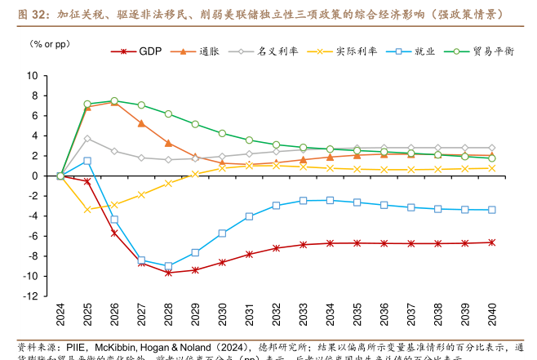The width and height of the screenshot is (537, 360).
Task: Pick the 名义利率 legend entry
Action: coord(260,51)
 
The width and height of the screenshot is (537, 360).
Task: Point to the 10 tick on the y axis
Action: coord(33,75)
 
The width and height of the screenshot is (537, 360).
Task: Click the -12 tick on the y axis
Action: coord(30,296)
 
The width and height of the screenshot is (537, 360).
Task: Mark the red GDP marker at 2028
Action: coord(168,272)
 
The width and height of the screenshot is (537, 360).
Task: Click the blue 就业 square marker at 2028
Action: coord(168,266)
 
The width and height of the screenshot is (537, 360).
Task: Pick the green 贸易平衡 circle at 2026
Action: coord(114,101)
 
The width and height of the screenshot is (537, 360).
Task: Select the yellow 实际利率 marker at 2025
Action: coord(87,210)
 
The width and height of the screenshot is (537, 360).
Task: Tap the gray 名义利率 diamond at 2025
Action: coord(87,139)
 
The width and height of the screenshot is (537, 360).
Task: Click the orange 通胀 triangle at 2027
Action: coord(141,123)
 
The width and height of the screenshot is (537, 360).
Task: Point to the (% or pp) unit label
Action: coord(51,42)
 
